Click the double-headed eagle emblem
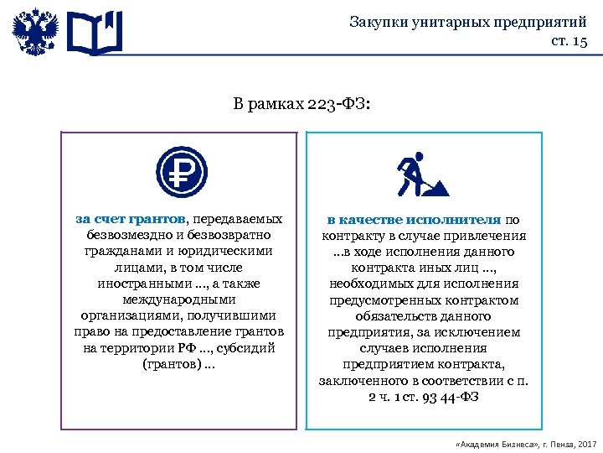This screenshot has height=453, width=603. [35, 32]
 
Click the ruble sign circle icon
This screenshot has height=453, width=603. [181, 172]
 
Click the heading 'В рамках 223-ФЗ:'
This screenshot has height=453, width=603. [301, 106]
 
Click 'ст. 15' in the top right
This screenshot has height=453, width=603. [569, 41]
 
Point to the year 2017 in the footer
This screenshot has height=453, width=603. [585, 442]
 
